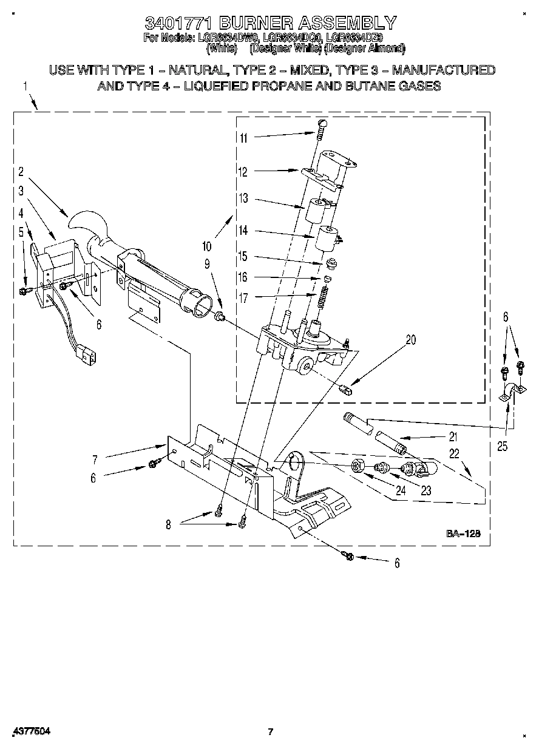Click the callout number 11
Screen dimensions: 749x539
point(243,138)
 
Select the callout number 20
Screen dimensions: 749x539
point(410,341)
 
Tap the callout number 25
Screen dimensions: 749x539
point(501,446)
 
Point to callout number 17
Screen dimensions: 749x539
point(243,297)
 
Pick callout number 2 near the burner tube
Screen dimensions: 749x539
point(20,171)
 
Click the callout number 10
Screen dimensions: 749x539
point(207,246)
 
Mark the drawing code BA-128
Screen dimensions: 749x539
point(464,534)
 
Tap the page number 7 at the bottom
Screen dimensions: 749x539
point(271,731)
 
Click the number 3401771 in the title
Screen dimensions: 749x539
point(178,24)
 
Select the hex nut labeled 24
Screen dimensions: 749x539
point(358,466)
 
